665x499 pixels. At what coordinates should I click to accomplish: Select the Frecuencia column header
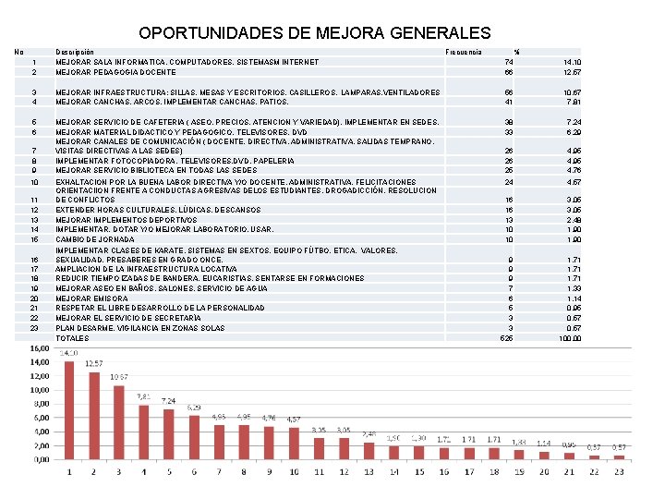coord(463,52)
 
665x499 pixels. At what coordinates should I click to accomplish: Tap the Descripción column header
coord(74,52)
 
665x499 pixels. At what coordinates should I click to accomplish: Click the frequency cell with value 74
coord(508,62)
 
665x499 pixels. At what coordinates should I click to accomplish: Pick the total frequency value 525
coord(507,338)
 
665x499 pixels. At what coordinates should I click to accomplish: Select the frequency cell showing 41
coord(508,103)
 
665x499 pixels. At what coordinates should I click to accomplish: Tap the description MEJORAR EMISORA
coord(91,298)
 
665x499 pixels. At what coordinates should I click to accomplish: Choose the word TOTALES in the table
coord(73,338)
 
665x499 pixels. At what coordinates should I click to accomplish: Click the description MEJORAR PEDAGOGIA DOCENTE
coord(115,72)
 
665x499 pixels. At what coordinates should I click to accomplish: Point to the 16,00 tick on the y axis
coord(37,348)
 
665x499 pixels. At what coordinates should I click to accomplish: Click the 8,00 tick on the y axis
coord(39,404)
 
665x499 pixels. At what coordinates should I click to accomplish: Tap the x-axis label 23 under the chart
coord(619,471)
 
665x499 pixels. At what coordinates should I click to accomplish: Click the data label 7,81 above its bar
coord(144,396)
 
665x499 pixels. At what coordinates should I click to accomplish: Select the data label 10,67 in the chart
coord(119,377)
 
